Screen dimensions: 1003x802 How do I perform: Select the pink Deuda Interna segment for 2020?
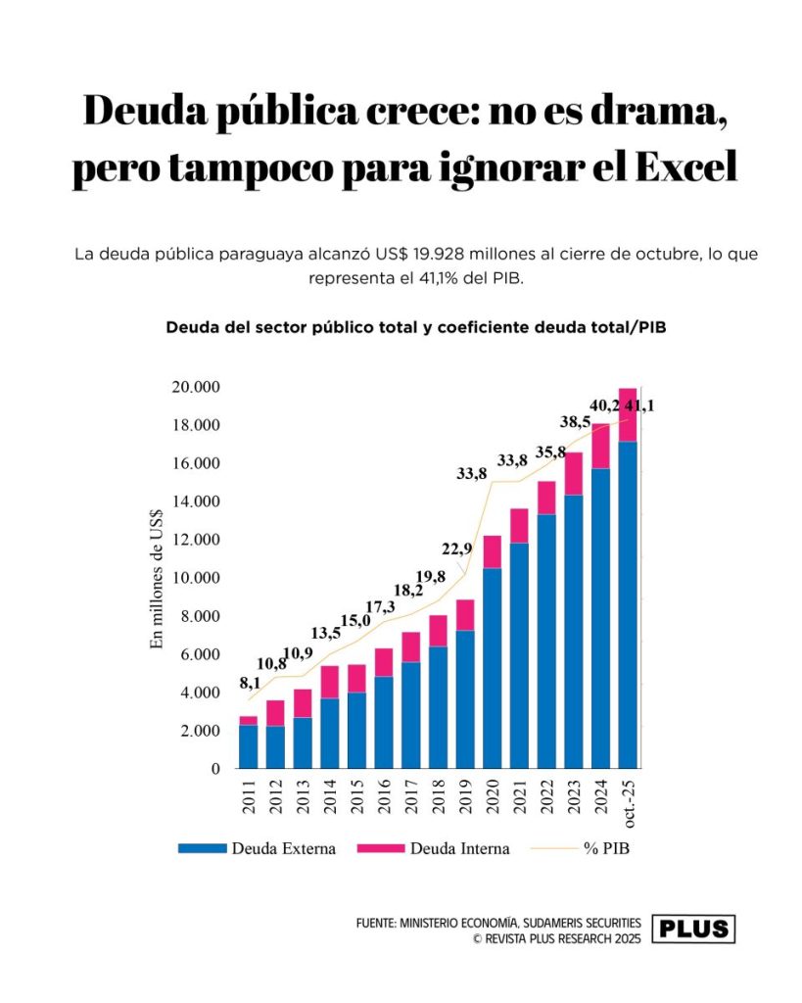pyautogui.click(x=493, y=551)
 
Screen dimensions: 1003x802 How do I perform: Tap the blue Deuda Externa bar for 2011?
pyautogui.click(x=249, y=746)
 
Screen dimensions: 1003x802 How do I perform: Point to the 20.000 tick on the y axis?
pyautogui.click(x=196, y=387)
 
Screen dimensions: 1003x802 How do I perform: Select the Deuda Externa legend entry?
pyautogui.click(x=257, y=848)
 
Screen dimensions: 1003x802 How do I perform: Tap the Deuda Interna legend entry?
pyautogui.click(x=431, y=848)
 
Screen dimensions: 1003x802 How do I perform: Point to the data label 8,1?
pyautogui.click(x=250, y=683)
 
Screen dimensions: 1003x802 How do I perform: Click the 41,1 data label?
pyautogui.click(x=637, y=405)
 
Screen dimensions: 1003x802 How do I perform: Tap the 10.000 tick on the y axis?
pyautogui.click(x=196, y=578)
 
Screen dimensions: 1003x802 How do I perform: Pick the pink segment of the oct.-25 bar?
pyautogui.click(x=628, y=415)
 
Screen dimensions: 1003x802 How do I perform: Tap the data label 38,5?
pyautogui.click(x=575, y=422)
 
